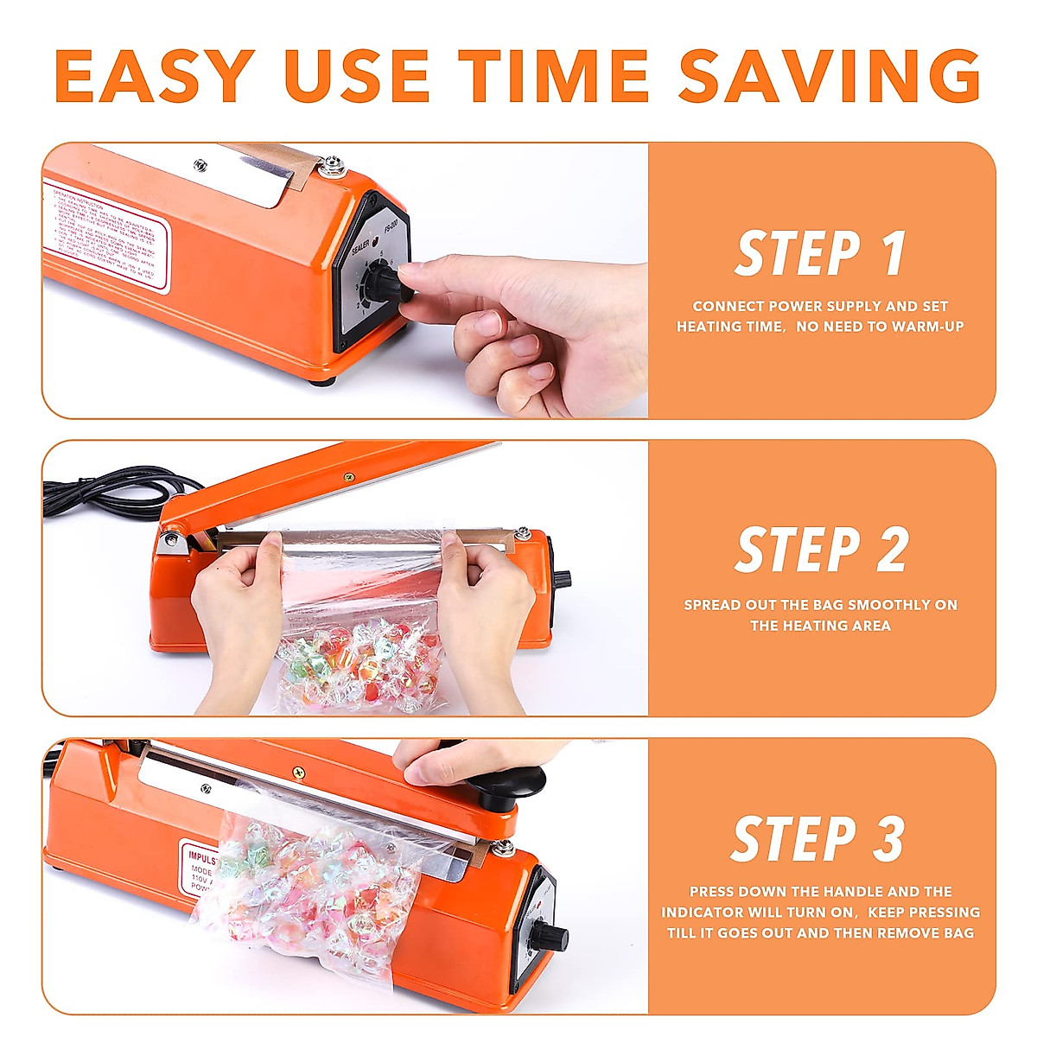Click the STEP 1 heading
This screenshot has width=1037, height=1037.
[x=820, y=254]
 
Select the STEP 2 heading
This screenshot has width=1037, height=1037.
[x=821, y=550]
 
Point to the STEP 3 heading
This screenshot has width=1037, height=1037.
[x=818, y=839]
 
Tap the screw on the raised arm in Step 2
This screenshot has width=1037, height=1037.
[x=349, y=477]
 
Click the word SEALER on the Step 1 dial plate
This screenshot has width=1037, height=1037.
[x=359, y=245]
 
